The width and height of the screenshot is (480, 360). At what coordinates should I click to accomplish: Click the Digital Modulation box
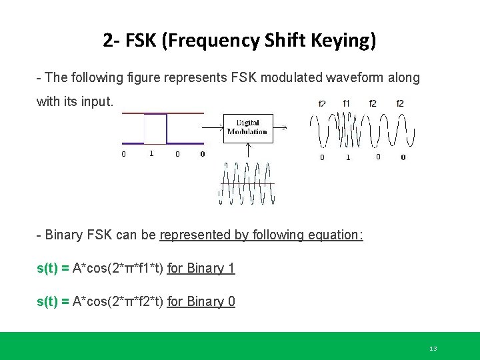247,127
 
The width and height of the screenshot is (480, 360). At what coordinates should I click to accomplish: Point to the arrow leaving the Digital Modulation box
279,126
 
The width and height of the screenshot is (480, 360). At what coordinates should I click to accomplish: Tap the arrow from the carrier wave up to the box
248,151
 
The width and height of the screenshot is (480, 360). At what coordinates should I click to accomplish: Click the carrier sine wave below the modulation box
246,183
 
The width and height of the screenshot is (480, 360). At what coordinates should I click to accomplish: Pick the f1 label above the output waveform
346,103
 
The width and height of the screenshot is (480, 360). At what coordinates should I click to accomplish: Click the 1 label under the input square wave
151,153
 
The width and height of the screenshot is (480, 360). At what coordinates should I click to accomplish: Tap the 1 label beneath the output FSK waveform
348,157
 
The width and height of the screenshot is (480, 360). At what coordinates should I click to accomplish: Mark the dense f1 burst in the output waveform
346,128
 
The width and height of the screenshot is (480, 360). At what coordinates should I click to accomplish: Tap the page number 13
433,349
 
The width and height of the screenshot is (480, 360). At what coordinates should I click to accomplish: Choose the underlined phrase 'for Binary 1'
201,268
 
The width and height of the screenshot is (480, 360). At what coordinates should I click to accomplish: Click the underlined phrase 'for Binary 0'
201,301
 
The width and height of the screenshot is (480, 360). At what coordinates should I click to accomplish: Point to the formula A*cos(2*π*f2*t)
117,301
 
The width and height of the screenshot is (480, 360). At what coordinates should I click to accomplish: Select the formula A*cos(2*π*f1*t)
117,268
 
